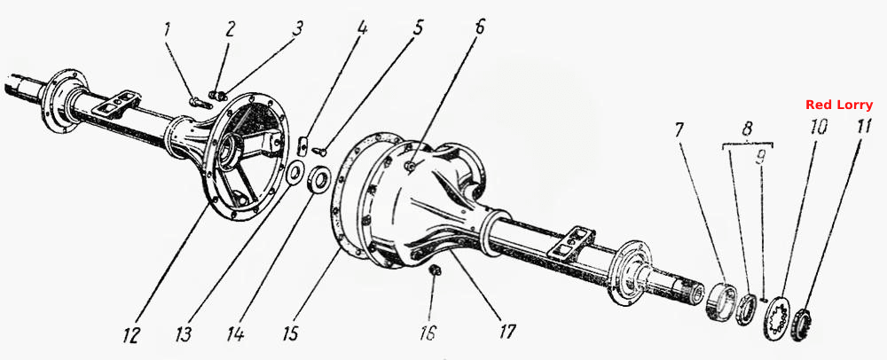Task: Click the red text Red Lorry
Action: pyautogui.click(x=839, y=106)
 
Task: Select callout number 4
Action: pyautogui.click(x=362, y=27)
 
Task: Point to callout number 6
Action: pyautogui.click(x=480, y=27)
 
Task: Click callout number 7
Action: pyautogui.click(x=679, y=131)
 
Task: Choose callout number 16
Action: pyautogui.click(x=428, y=333)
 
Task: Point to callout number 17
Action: pyautogui.click(x=507, y=331)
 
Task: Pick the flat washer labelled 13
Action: pyautogui.click(x=294, y=174)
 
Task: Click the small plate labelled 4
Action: pyautogui.click(x=302, y=145)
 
